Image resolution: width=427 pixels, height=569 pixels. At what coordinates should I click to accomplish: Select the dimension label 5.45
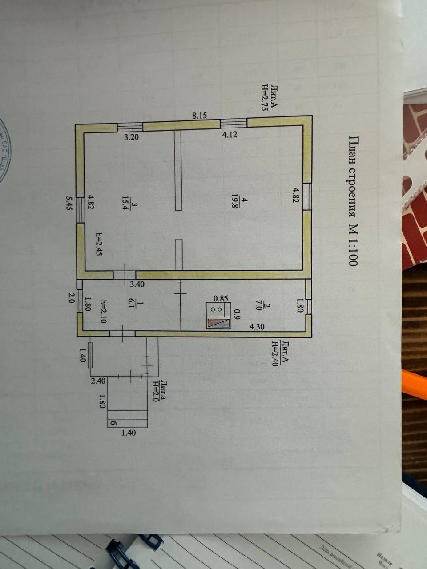(x=68, y=204)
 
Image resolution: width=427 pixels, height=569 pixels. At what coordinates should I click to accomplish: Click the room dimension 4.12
(x=230, y=135)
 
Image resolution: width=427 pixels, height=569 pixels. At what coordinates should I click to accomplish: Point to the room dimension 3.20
(x=131, y=137)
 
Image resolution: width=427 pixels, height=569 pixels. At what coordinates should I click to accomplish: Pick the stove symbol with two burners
(x=218, y=315)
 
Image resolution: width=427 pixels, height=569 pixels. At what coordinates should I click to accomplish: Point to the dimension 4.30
(x=257, y=327)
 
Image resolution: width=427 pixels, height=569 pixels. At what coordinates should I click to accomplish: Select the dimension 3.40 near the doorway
(x=137, y=284)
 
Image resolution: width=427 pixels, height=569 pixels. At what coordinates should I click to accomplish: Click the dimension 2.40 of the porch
(x=98, y=381)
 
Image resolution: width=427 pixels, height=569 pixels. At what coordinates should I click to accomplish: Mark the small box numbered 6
(x=113, y=423)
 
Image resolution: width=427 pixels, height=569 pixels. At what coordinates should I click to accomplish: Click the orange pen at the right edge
(x=414, y=382)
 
